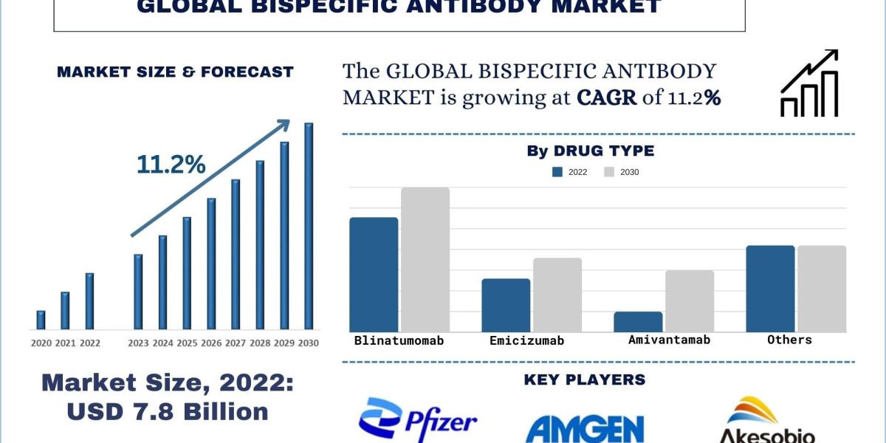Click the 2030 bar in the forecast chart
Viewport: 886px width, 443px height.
tap(309, 226)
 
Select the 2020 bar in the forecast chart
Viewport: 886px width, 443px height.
tap(41, 320)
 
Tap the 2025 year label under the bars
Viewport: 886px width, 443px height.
tap(187, 343)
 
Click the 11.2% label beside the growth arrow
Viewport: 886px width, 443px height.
tap(171, 165)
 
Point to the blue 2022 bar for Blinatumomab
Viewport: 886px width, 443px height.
tap(374, 275)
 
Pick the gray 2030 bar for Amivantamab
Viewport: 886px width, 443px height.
tap(689, 301)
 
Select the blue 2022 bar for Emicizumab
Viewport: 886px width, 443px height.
tap(506, 305)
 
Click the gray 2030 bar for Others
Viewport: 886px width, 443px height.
tap(822, 289)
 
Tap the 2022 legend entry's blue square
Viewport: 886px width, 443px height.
tap(557, 172)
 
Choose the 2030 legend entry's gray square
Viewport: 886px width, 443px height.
tap(609, 172)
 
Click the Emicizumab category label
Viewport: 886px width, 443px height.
tap(526, 340)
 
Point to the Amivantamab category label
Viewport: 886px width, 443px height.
tap(669, 340)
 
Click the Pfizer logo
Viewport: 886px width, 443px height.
tap(417, 419)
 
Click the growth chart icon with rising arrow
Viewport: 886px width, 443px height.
tap(809, 83)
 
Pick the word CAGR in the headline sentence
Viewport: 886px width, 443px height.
tap(606, 98)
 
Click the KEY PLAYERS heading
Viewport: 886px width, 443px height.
tap(584, 380)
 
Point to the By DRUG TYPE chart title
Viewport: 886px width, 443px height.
tap(590, 151)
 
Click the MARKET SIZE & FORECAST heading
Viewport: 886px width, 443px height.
tap(175, 72)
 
